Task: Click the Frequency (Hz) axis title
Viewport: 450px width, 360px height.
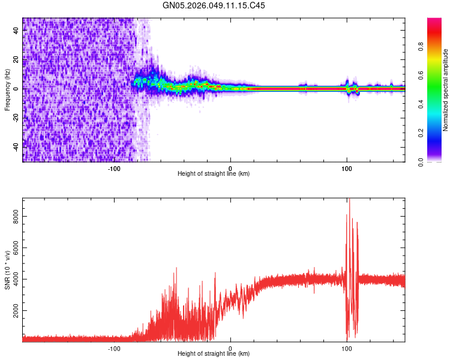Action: [x=7, y=89]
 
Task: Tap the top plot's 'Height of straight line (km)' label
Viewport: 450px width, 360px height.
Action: [x=214, y=174]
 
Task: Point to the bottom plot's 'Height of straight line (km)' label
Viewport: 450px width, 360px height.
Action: [x=214, y=354]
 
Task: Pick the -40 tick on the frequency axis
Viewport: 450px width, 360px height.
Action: [x=16, y=146]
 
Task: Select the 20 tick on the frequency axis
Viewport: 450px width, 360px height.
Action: [x=16, y=59]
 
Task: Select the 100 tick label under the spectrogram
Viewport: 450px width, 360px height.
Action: [x=346, y=167]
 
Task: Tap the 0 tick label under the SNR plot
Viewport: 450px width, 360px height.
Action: [x=230, y=347]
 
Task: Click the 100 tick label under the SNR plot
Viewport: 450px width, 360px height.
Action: [x=346, y=347]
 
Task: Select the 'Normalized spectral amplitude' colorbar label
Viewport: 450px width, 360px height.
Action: [x=446, y=90]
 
